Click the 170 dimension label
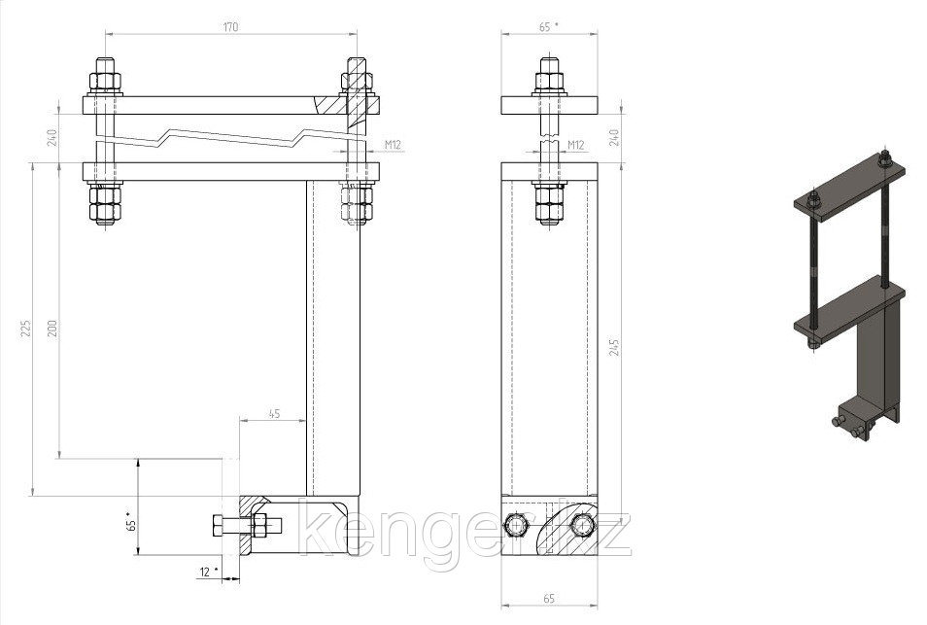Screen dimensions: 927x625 (230, 27)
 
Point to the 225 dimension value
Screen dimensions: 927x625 (25, 329)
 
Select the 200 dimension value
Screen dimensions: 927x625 (52, 329)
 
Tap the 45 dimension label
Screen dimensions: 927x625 (274, 414)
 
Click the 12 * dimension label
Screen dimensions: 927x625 (209, 572)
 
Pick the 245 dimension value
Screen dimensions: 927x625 (614, 348)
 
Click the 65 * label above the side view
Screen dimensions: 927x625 (548, 27)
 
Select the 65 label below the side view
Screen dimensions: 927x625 (549, 599)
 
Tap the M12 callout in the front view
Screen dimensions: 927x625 (394, 144)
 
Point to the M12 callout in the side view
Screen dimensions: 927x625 (576, 144)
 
